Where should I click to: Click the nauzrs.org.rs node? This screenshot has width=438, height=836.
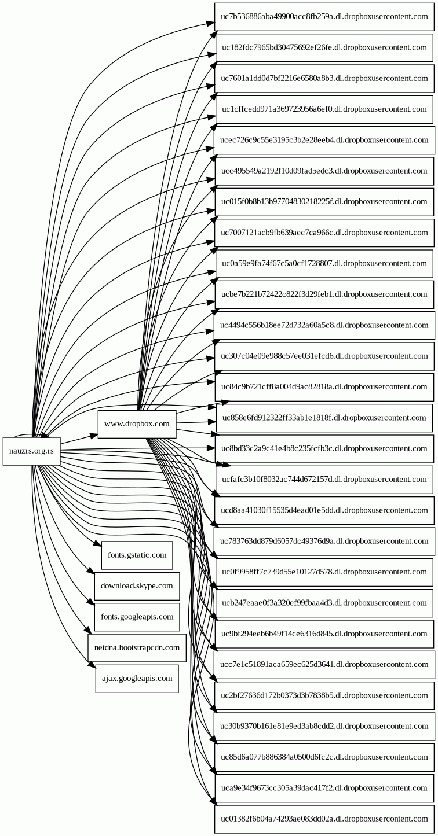31,452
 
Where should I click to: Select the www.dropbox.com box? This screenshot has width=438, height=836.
137,424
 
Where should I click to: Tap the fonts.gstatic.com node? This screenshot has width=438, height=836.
137,555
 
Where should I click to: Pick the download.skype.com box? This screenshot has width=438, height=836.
137,586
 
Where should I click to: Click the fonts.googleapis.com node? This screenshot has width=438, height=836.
137,617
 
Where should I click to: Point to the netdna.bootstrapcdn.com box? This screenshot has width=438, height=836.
137,647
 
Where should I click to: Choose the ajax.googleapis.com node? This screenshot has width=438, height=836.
137,678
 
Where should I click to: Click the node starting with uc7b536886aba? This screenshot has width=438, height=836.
324,17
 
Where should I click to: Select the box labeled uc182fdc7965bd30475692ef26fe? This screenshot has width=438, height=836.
324,47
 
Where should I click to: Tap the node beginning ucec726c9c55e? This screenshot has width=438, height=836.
324,140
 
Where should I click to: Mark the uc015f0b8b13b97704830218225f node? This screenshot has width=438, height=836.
324,202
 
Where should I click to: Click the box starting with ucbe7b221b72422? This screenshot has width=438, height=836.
324,294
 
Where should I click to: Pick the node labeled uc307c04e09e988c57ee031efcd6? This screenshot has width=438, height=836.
324,356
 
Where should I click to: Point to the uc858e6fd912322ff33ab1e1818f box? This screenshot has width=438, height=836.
324,418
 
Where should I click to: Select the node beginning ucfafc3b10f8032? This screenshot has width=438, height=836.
324,480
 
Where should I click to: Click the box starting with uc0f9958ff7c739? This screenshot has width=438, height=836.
324,572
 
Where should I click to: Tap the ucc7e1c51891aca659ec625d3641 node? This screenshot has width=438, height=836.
324,665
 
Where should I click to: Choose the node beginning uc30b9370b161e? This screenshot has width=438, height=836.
324,726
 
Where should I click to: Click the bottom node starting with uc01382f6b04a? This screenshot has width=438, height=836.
324,819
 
